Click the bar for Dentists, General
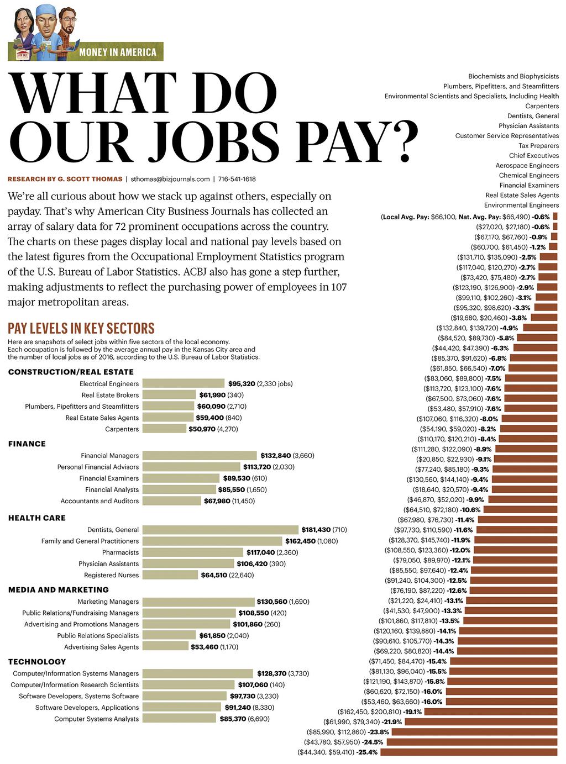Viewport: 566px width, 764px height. [220, 530]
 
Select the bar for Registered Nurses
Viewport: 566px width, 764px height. [170, 575]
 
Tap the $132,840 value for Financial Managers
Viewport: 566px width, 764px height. [275, 456]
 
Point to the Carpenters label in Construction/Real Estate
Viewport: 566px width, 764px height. [122, 429]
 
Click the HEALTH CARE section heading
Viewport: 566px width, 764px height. [37, 518]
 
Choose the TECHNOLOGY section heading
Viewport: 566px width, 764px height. [37, 662]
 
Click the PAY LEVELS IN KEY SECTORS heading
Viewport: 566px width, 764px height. [81, 329]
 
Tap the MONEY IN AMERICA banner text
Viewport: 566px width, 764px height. [118, 52]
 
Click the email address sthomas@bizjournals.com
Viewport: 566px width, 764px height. [170, 179]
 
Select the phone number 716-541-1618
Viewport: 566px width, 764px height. [237, 179]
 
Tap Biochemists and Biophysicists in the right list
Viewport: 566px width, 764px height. [513, 76]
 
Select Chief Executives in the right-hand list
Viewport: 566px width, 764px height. [534, 156]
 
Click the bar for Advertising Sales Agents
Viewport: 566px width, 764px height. [165, 647]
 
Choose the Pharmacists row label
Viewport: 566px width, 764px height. [120, 552]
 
